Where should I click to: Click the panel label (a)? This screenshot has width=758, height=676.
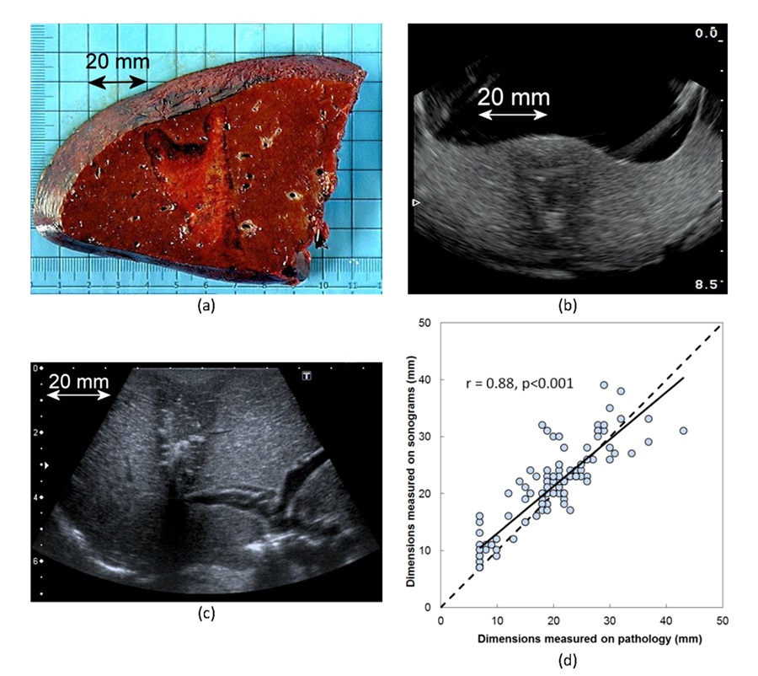205,307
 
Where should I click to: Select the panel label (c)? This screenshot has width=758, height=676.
206,613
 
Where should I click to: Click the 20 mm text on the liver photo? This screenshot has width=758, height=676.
118,62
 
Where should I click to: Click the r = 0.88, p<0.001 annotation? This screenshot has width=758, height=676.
520,384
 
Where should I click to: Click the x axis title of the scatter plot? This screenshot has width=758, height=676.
578,640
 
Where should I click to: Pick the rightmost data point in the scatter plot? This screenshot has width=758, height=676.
683,431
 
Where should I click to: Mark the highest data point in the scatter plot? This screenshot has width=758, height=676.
604,384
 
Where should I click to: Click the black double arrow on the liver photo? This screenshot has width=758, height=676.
118,82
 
